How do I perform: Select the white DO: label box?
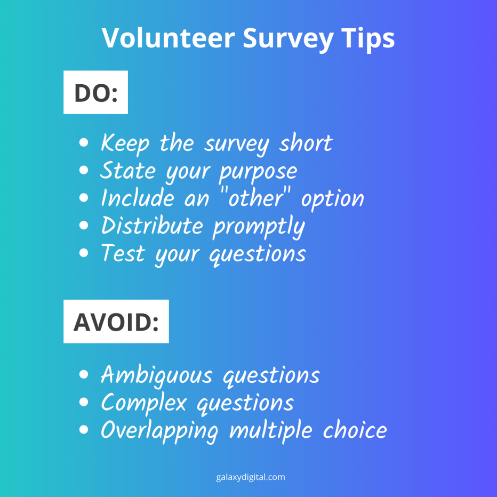(x=95, y=92)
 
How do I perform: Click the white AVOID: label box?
(x=116, y=322)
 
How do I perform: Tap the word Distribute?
(x=153, y=226)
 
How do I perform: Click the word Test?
(x=122, y=253)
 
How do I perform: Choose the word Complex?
(x=144, y=403)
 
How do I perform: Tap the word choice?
(x=354, y=430)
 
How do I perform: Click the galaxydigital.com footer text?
(x=251, y=477)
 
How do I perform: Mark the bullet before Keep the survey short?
(x=83, y=143)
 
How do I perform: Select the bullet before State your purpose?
(x=83, y=171)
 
